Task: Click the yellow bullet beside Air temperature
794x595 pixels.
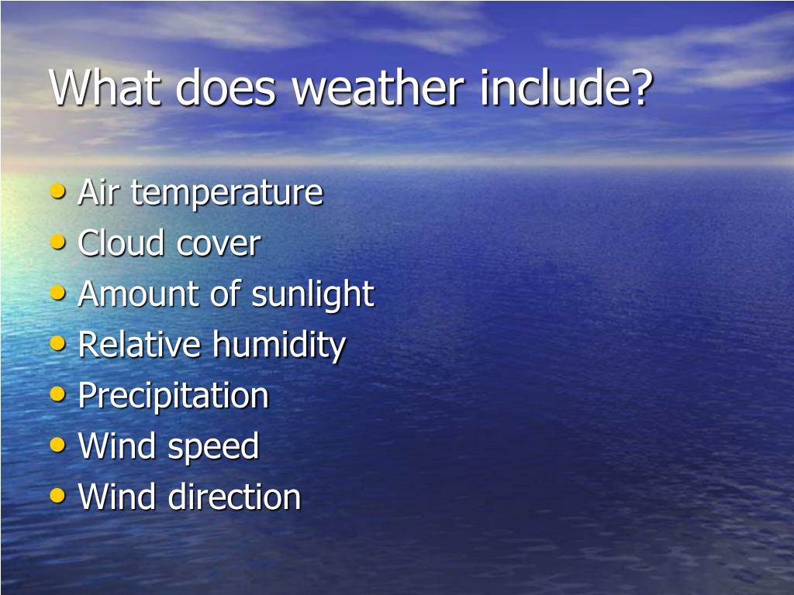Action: (58, 191)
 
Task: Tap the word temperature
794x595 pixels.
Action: (226, 193)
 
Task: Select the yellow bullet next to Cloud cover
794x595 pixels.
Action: (58, 242)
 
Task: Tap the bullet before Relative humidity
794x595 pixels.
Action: (58, 343)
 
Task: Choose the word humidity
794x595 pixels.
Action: (279, 346)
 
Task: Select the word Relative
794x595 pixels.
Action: (140, 345)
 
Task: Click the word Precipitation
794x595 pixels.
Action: (173, 396)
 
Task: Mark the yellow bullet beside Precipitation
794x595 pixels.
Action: (58, 394)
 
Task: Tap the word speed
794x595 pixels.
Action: (212, 447)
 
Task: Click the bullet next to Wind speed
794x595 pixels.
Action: (58, 445)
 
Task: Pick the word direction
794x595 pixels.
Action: (235, 497)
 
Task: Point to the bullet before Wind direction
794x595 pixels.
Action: (58, 495)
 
